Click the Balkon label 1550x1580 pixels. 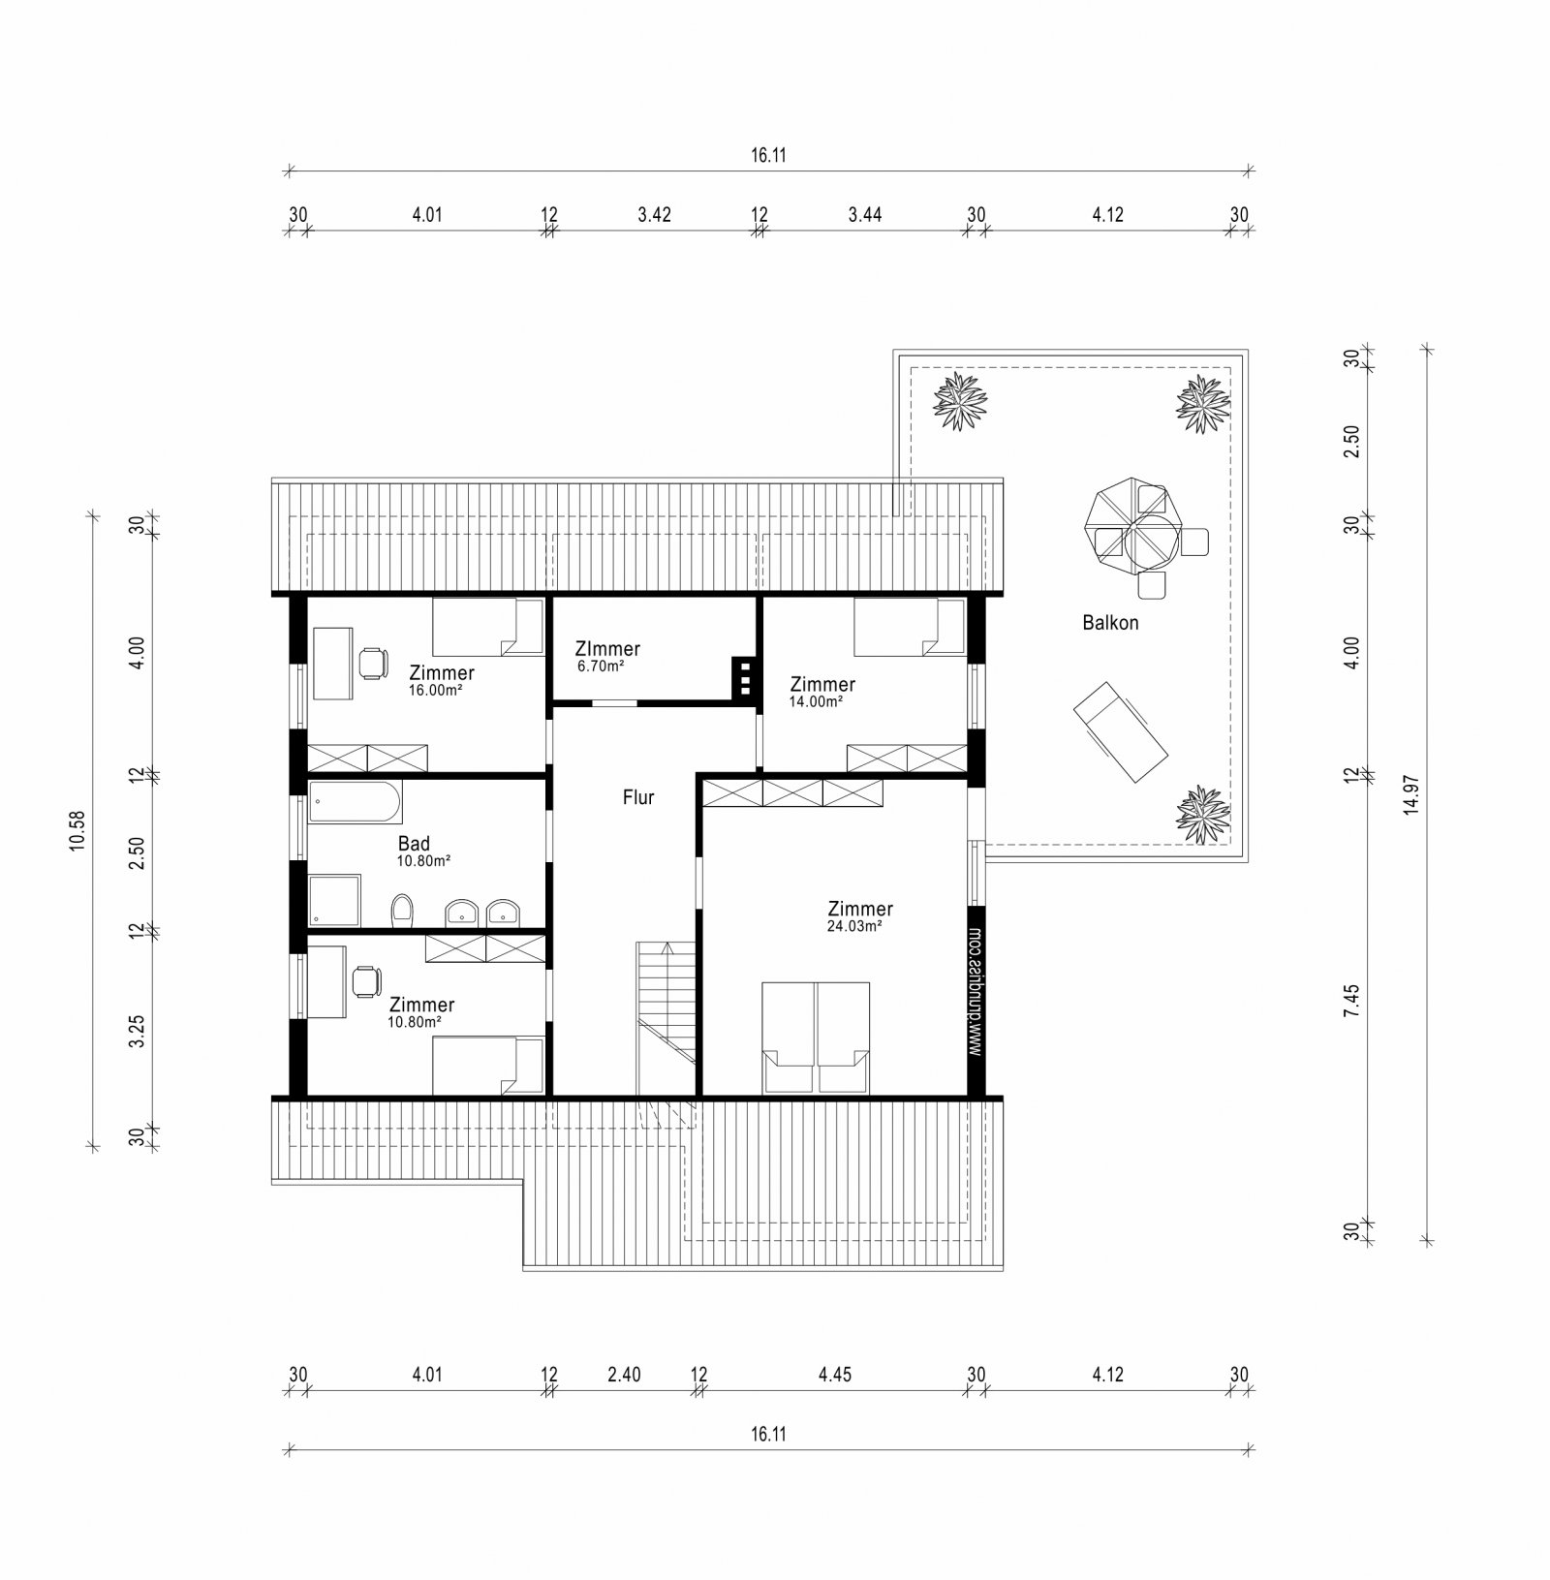(x=1110, y=623)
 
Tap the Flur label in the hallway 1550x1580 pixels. (x=638, y=797)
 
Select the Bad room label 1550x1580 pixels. (x=414, y=844)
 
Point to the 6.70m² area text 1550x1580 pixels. (x=600, y=666)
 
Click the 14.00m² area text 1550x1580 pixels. (x=816, y=702)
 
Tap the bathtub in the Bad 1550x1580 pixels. (x=355, y=802)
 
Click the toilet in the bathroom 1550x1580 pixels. (x=402, y=909)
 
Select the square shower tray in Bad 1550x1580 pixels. (x=334, y=901)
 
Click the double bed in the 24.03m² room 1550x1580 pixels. (x=816, y=1037)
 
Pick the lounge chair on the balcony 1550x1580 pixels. (x=1121, y=731)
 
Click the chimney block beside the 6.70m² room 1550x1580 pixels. (x=745, y=678)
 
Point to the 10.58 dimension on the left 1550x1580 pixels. (x=77, y=830)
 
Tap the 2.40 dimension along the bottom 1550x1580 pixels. (x=625, y=1375)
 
